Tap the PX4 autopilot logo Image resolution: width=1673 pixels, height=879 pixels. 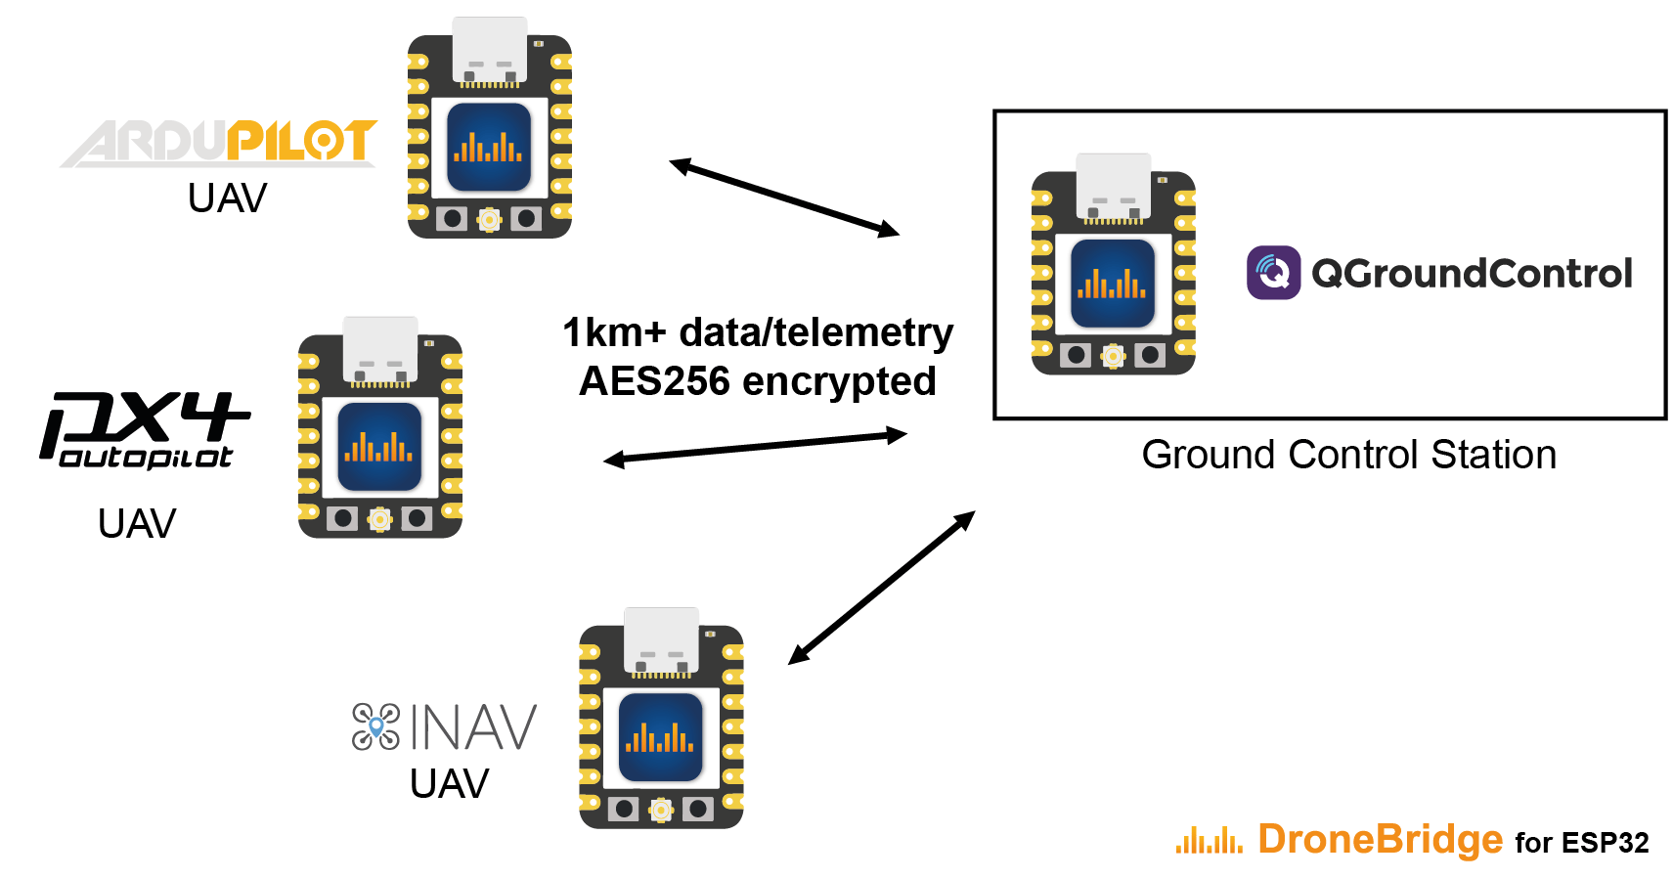pyautogui.click(x=145, y=429)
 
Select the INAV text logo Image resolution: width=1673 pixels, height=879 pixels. pyautogui.click(x=473, y=727)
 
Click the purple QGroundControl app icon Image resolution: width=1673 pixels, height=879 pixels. pyautogui.click(x=1273, y=273)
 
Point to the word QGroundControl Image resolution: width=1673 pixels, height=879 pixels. pyautogui.click(x=1472, y=274)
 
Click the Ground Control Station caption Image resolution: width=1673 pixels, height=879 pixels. pyautogui.click(x=1348, y=455)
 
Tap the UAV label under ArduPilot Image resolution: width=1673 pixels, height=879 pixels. pyautogui.click(x=227, y=198)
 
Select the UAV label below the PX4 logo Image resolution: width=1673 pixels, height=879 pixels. pyautogui.click(x=137, y=524)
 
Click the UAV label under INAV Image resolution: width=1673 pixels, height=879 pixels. pyautogui.click(x=449, y=784)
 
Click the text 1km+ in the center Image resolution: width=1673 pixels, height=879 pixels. pyautogui.click(x=614, y=332)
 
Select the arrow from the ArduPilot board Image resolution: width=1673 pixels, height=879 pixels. pyautogui.click(x=784, y=198)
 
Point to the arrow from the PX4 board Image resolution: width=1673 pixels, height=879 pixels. pyautogui.click(x=755, y=447)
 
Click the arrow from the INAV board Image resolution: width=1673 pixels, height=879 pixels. pyautogui.click(x=881, y=588)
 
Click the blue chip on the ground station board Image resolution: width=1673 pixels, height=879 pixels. pyautogui.click(x=1113, y=284)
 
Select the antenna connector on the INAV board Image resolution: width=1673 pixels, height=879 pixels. pyautogui.click(x=661, y=810)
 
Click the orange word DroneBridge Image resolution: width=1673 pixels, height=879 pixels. pyautogui.click(x=1380, y=839)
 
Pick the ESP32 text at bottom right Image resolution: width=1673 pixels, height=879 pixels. pyautogui.click(x=1605, y=843)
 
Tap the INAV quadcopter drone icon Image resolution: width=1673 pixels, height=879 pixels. pyautogui.click(x=376, y=726)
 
